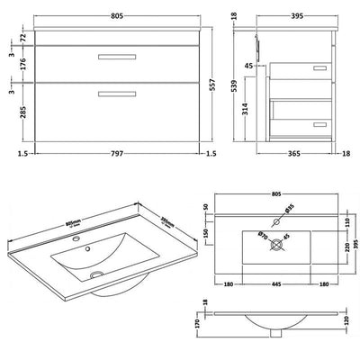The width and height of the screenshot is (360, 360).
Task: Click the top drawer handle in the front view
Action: [x=113, y=58]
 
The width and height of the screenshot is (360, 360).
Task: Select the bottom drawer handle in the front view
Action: [x=113, y=93]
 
